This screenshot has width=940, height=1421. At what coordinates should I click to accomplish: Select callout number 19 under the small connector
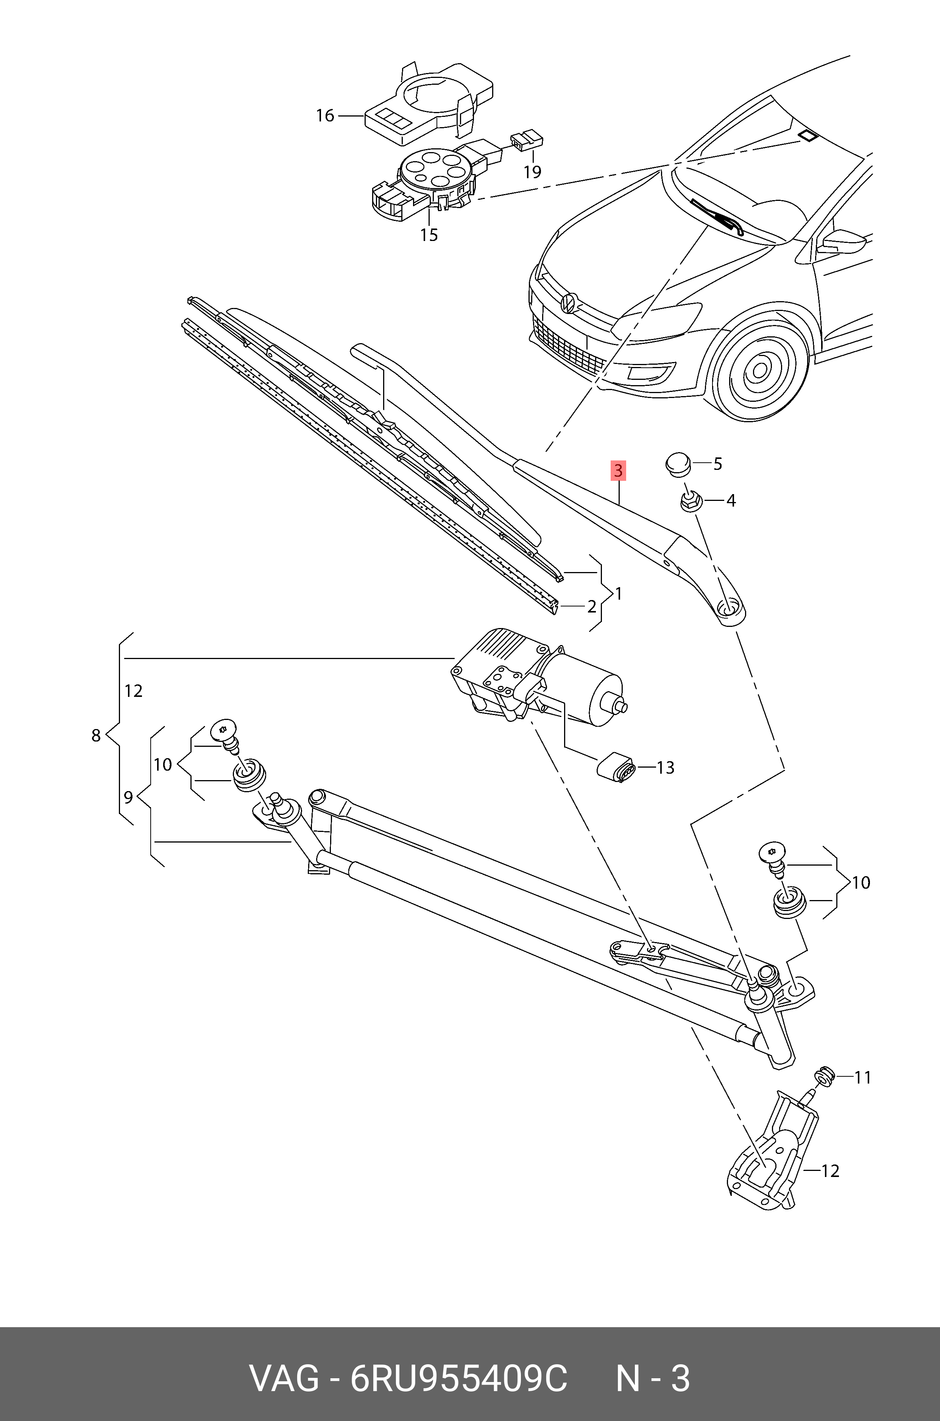pyautogui.click(x=532, y=172)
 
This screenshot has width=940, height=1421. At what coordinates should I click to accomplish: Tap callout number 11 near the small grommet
pyautogui.click(x=862, y=1078)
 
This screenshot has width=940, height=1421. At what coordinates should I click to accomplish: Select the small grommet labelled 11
pyautogui.click(x=826, y=1076)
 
